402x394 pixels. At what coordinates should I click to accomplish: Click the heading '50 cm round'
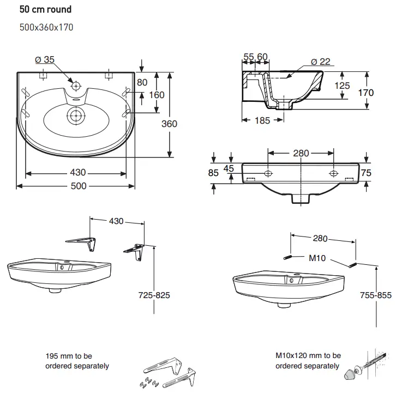tap(45, 9)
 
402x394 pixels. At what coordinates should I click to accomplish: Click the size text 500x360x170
tap(46, 27)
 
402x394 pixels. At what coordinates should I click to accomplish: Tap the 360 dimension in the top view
tap(169, 124)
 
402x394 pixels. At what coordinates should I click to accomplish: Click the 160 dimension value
tap(157, 95)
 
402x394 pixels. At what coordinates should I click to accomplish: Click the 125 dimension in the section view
tap(342, 86)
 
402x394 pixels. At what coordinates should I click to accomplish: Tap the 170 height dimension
tap(366, 93)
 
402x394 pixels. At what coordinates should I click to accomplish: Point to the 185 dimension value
tap(262, 120)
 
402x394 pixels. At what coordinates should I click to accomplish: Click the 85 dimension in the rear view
tap(213, 173)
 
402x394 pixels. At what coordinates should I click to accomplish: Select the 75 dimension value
tap(367, 172)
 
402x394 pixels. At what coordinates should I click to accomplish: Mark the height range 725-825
tap(155, 295)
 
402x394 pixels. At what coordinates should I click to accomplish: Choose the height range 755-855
tap(377, 295)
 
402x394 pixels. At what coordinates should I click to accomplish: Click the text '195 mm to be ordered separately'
tap(77, 361)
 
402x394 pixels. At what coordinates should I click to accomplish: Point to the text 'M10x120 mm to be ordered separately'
tap(308, 361)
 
